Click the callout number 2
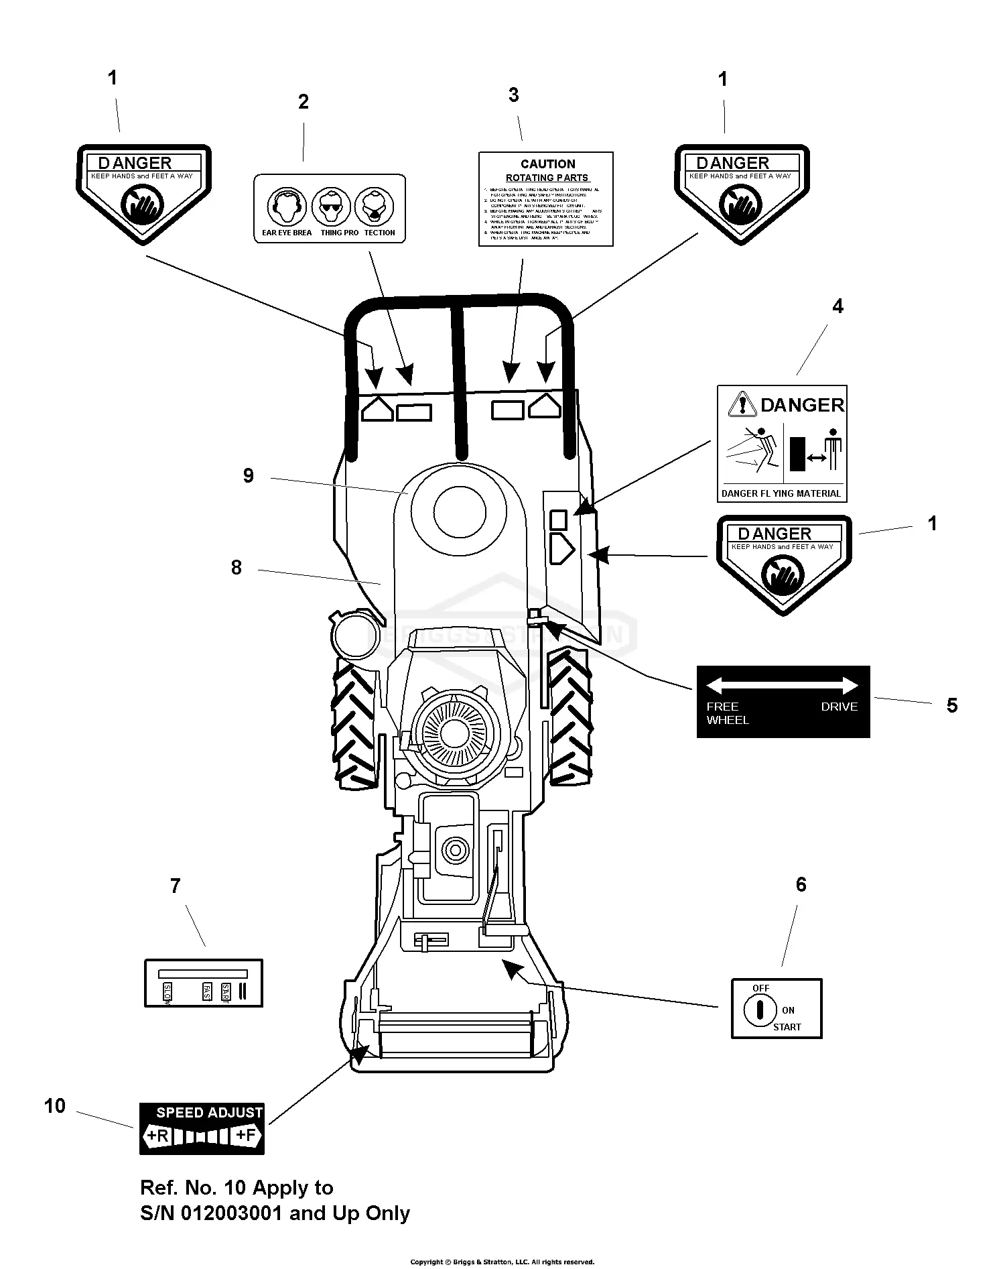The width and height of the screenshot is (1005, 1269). [x=304, y=102]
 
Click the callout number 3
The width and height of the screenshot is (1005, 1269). [x=514, y=95]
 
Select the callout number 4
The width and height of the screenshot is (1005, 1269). [x=837, y=306]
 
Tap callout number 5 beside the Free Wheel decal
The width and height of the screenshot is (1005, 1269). [x=952, y=705]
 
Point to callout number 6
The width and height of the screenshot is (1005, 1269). [x=801, y=885]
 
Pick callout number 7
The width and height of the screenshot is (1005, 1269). [x=176, y=886]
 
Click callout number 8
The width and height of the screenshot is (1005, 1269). [x=236, y=568]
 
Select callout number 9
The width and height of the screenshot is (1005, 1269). [x=249, y=476]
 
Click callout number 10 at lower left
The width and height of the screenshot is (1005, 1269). [x=55, y=1105]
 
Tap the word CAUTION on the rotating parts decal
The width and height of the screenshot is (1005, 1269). [x=547, y=164]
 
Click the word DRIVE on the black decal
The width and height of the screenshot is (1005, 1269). [x=839, y=707]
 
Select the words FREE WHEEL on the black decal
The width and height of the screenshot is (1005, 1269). [x=726, y=713]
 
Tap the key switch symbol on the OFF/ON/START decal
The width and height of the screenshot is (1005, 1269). [x=760, y=1010]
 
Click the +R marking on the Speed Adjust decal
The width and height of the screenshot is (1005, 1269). [x=157, y=1136]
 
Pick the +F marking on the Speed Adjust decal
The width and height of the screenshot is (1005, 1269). [x=245, y=1136]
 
